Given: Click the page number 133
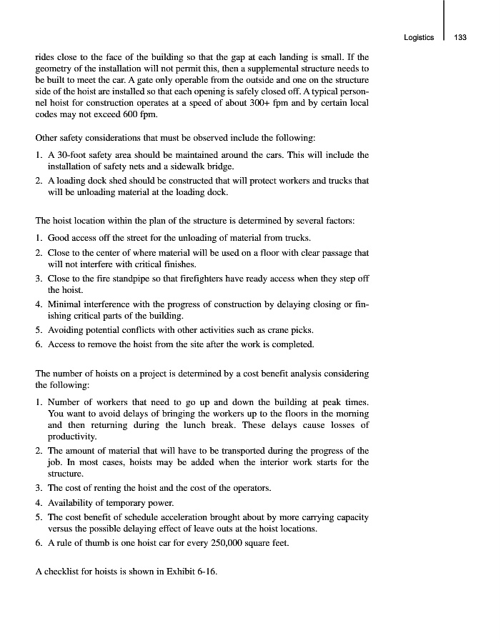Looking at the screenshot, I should pos(460,38).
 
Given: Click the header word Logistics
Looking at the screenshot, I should pos(418,38).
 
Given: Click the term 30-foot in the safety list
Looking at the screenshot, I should pos(69,155).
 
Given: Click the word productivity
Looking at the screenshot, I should pos(71,437).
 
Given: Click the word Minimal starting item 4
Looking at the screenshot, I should pos(65,304).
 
